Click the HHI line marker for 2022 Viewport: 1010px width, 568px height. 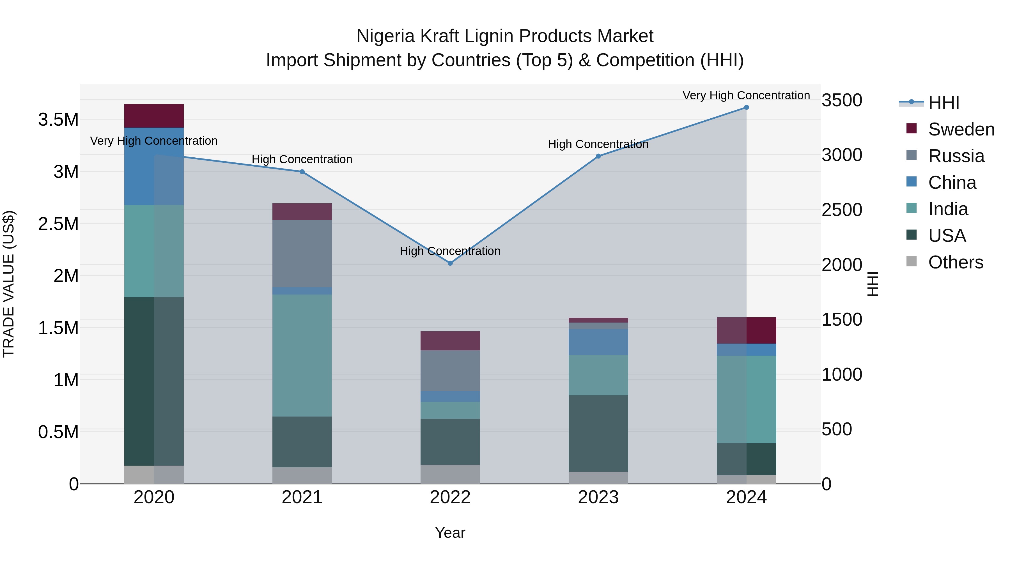450,263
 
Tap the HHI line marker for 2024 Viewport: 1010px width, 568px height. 746,107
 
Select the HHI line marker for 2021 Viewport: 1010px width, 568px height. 302,172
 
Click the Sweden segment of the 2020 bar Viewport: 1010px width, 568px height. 154,116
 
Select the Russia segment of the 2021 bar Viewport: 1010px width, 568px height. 302,253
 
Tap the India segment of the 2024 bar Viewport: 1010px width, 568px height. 746,399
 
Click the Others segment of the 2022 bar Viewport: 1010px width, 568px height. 450,474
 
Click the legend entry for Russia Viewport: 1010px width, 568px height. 956,156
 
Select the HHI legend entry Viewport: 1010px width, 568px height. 943,103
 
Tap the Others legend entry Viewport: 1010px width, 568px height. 955,262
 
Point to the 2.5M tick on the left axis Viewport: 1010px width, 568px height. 58,224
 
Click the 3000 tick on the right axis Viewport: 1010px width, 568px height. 842,155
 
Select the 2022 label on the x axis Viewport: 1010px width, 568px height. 450,497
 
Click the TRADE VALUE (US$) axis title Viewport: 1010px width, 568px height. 9,284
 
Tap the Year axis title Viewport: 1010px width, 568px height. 450,533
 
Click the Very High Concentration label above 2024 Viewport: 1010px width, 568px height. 746,95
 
